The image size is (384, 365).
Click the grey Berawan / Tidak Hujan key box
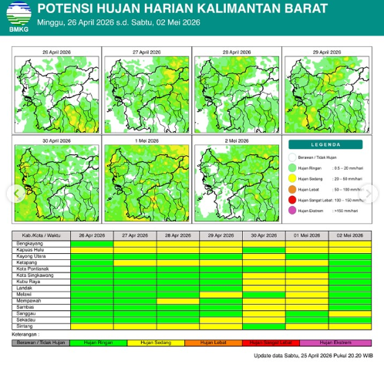[x=42, y=341]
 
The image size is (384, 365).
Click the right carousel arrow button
[x=376, y=192]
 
